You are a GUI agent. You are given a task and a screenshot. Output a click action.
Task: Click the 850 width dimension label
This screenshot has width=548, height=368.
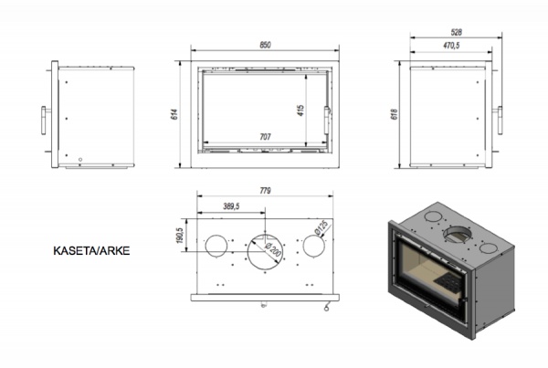click(x=265, y=45)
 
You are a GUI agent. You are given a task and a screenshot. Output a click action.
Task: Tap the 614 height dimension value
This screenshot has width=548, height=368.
click(x=174, y=114)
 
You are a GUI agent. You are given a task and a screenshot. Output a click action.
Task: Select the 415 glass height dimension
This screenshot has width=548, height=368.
click(x=300, y=110)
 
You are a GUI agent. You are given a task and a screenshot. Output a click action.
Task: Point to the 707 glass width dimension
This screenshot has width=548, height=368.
click(x=265, y=137)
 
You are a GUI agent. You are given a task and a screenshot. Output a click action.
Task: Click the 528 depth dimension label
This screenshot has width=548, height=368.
click(x=456, y=32)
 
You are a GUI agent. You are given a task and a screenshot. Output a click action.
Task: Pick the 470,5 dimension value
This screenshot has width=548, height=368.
click(x=451, y=46)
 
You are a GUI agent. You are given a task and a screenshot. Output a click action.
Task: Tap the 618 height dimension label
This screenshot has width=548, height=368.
click(x=394, y=114)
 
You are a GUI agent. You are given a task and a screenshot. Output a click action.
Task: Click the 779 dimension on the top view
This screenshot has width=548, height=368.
click(x=265, y=191)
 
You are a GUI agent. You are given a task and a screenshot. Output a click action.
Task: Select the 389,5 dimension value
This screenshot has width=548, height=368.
click(x=231, y=206)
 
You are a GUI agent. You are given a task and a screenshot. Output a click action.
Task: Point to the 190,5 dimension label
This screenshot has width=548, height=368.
click(x=180, y=236)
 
